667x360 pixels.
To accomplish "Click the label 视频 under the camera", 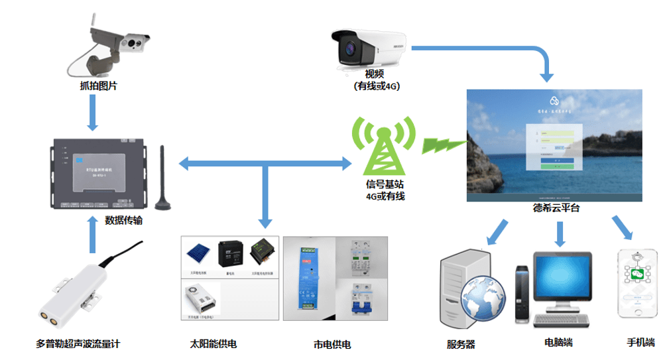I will coord(373,74).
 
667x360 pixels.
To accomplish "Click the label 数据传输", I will coord(123,221).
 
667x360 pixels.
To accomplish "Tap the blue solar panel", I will coord(198,253).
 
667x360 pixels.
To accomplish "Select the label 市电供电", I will coord(332,345).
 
